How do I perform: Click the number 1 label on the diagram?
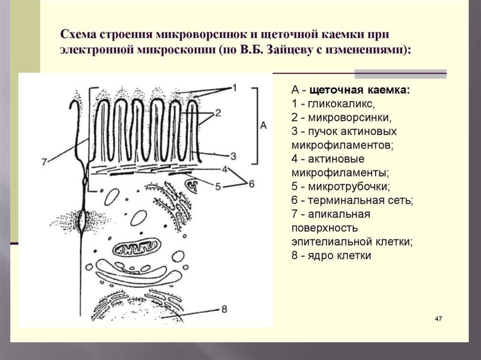(235, 88)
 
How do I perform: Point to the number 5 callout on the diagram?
(217, 186)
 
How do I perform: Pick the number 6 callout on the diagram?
(251, 184)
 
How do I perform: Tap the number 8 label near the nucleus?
(224, 309)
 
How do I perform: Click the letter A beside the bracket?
(263, 125)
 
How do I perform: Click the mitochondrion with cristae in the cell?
(139, 248)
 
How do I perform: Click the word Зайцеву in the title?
(287, 50)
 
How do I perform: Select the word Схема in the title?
(78, 35)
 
